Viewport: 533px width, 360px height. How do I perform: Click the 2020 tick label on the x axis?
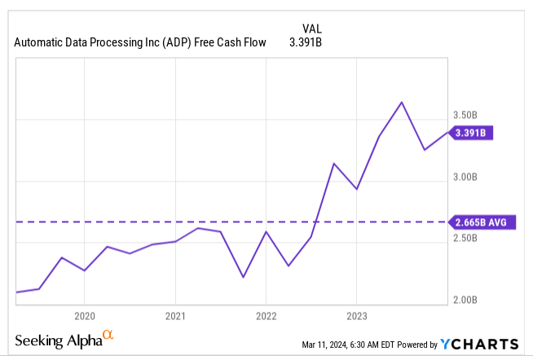[x=85, y=316]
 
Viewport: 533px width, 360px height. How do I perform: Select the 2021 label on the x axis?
[x=175, y=316]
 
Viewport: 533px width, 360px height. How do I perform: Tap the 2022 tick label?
[x=266, y=316]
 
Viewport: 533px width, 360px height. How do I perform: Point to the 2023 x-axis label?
[x=356, y=316]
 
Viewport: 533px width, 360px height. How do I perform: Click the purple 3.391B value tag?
[x=471, y=131]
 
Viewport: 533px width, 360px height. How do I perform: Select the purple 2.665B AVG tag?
[x=481, y=221]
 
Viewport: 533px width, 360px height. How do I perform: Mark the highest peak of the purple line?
[x=401, y=102]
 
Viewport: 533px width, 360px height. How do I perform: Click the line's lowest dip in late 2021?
[x=243, y=277]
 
